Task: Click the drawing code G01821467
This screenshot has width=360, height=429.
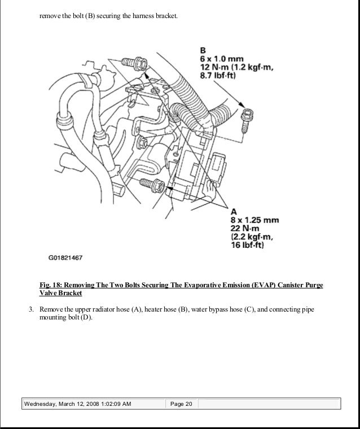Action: click(x=65, y=258)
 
